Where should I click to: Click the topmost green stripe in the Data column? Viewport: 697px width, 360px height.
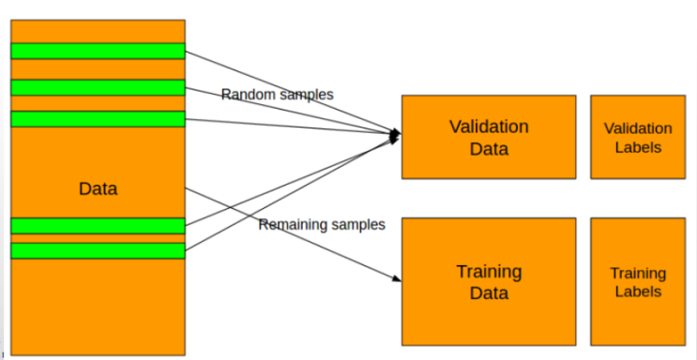(98, 51)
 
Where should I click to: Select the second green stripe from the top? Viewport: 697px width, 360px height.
(98, 87)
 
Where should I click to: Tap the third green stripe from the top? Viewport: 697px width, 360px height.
(98, 119)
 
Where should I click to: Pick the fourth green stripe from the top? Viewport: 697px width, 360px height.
(98, 226)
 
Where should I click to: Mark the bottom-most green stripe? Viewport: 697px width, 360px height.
(98, 250)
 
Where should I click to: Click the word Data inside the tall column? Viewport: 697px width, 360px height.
(98, 189)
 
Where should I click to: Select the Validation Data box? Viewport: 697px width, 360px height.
(488, 137)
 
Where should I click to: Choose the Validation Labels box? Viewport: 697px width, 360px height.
(637, 137)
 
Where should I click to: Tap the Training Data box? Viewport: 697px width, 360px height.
(488, 281)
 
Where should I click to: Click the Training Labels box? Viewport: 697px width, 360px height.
(637, 281)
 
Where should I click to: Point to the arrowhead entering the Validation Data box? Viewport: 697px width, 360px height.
(396, 137)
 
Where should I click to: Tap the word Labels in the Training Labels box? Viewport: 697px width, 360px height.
(638, 292)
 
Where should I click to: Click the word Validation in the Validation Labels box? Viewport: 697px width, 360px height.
(638, 128)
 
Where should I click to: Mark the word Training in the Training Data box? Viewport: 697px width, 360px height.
(488, 272)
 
